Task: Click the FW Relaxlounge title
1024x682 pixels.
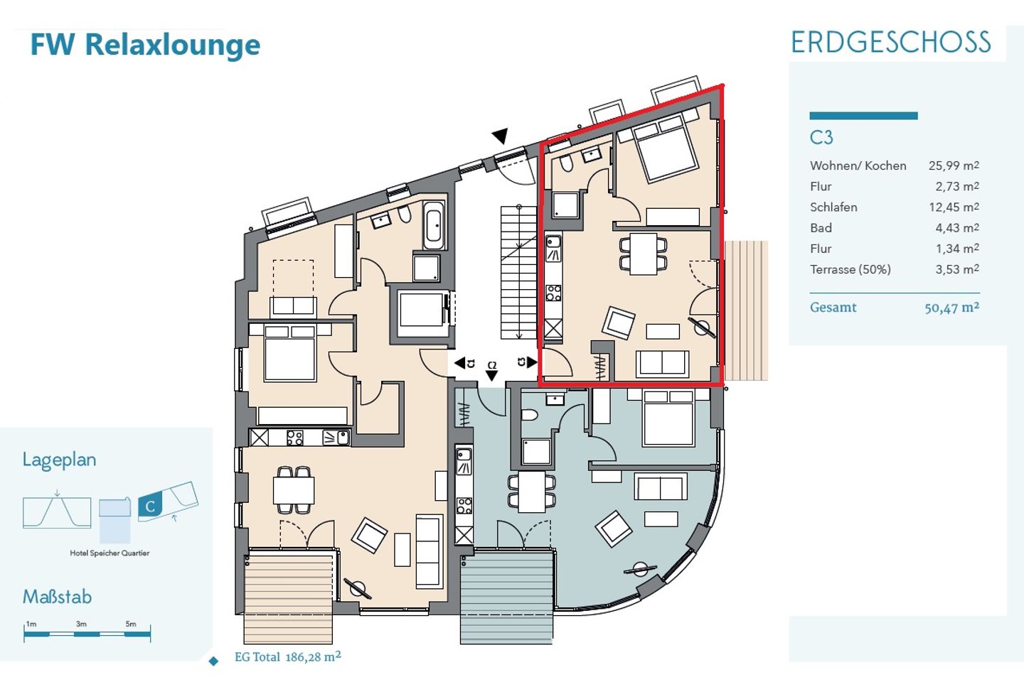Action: coord(145,45)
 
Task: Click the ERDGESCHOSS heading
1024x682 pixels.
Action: coord(891,43)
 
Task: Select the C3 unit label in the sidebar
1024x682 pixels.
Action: coord(821,138)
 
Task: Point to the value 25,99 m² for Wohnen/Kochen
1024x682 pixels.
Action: coord(954,166)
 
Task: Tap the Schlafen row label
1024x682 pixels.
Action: coord(833,207)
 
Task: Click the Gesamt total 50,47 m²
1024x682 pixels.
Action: coord(951,308)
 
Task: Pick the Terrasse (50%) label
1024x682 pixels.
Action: coord(850,269)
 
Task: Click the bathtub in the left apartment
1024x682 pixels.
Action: coord(434,225)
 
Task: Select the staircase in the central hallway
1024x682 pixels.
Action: coord(519,272)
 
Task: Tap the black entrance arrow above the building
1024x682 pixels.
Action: coord(500,136)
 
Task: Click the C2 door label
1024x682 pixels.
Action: coord(492,365)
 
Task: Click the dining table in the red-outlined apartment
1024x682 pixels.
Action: coord(643,254)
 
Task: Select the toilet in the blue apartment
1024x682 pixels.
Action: coord(529,415)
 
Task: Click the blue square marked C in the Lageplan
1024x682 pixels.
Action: coord(150,507)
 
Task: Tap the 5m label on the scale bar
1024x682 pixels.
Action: coord(131,624)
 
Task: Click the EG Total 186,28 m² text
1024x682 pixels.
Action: coord(287,657)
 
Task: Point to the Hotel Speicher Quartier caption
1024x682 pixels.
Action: coord(110,553)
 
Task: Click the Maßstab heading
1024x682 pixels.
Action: coord(57,597)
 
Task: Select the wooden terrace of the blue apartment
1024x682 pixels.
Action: coord(506,597)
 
